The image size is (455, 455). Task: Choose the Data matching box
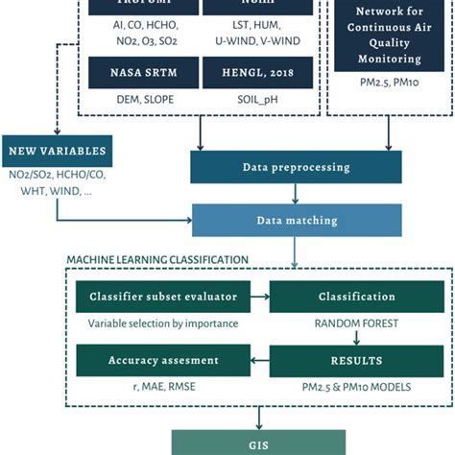pyautogui.click(x=297, y=220)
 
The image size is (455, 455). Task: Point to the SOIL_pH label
pyautogui.click(x=255, y=100)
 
